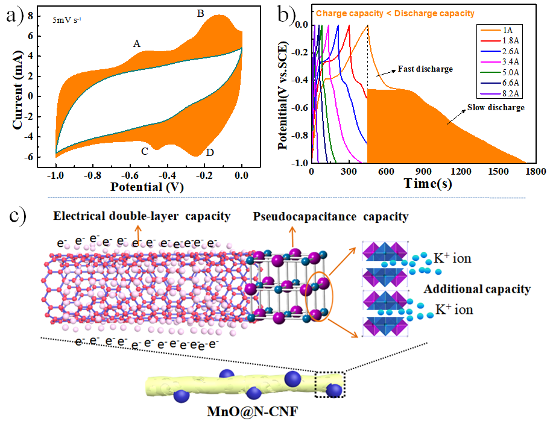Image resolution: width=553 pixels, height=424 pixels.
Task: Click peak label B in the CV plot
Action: [201, 12]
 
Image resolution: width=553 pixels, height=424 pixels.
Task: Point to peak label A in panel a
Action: [137, 43]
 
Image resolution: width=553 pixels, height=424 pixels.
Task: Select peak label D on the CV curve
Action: [209, 152]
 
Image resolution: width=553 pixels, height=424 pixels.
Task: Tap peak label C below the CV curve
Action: [145, 151]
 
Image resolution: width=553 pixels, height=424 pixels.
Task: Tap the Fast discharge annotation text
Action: [425, 69]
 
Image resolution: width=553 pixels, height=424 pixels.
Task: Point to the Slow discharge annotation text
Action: [495, 108]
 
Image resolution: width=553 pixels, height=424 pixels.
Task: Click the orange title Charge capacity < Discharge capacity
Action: [395, 13]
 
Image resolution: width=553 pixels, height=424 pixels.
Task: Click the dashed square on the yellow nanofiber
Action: [330, 386]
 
